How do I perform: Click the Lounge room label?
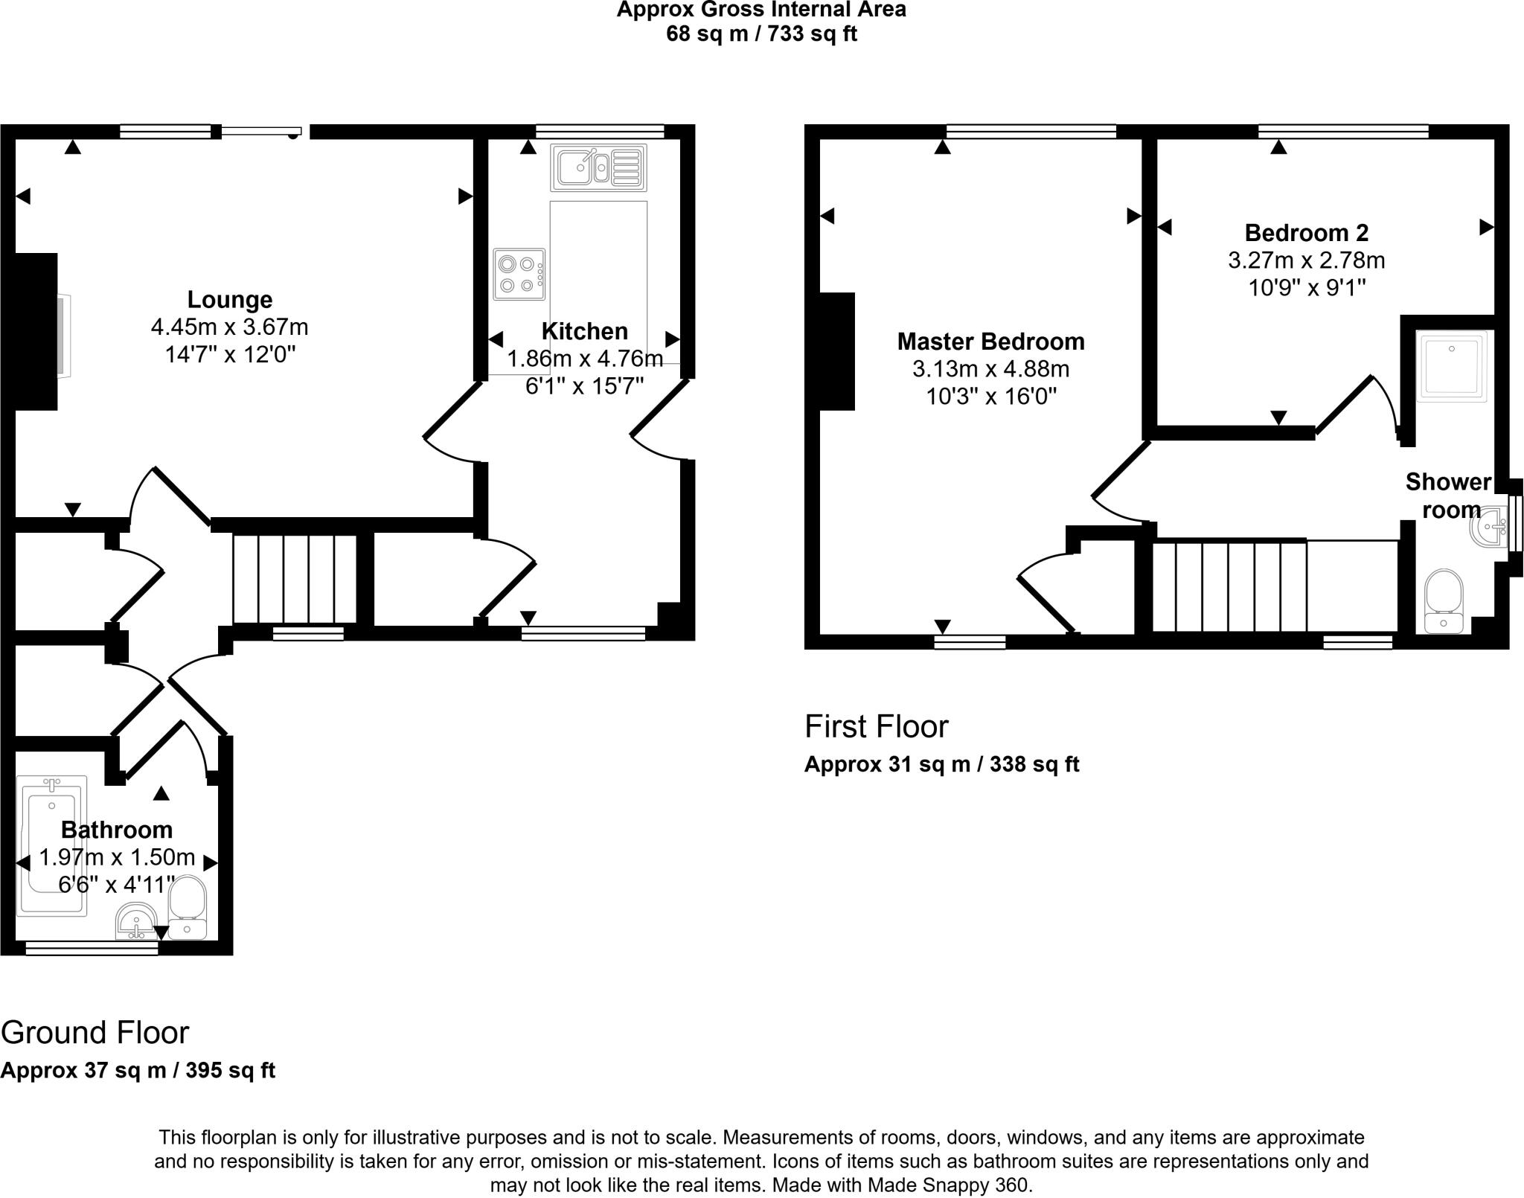(229, 299)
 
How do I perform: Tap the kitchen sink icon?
(598, 167)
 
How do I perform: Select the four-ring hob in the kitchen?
(519, 275)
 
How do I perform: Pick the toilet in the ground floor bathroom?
(187, 906)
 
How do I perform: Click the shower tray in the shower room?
(1450, 366)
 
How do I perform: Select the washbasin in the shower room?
(1487, 526)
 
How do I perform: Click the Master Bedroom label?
(990, 342)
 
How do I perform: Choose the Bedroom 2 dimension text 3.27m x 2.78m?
(1306, 260)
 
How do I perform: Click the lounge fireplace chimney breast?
(36, 331)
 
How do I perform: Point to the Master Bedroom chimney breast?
(836, 351)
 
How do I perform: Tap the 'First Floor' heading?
(876, 726)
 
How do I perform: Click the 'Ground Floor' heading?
(95, 1033)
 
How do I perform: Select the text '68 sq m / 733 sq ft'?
(761, 34)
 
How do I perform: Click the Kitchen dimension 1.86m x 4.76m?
(584, 359)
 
